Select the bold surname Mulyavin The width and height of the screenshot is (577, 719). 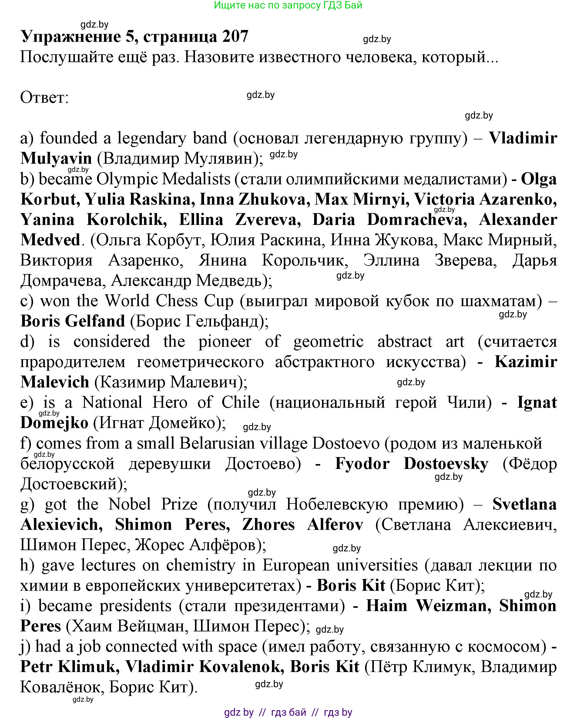click(x=56, y=159)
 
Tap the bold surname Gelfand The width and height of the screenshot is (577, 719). click(x=94, y=321)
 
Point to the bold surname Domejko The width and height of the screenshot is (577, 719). click(x=54, y=423)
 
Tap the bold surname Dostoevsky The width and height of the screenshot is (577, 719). click(x=446, y=464)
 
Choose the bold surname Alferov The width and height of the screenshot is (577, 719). click(x=335, y=525)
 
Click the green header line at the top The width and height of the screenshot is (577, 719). click(x=288, y=5)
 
